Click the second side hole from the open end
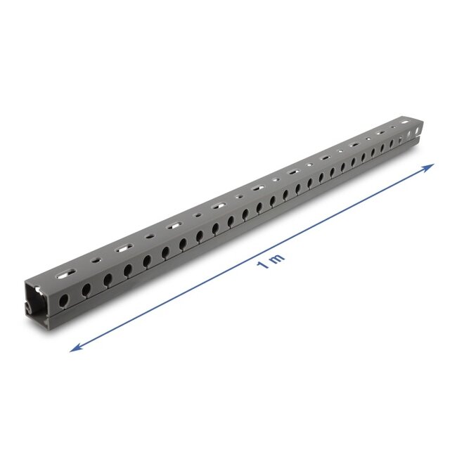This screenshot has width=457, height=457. tap(86, 289)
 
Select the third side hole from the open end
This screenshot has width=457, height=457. tap(108, 279)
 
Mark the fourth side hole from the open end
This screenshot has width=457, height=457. tap(128, 269)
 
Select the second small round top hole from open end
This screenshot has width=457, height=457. tap(148, 238)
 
